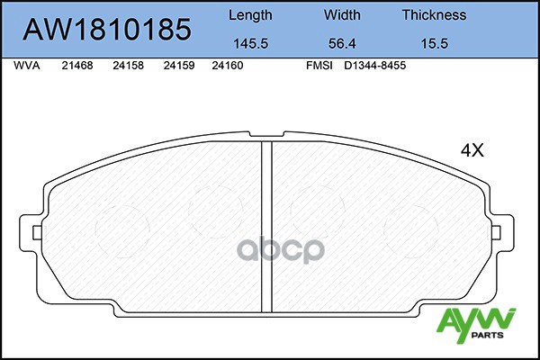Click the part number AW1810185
107,30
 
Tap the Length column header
250,15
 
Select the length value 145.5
251,44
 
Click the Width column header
342,15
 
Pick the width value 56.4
342,44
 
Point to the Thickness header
435,15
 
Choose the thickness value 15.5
435,44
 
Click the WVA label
27,66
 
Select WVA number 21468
77,66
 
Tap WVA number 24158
128,66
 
